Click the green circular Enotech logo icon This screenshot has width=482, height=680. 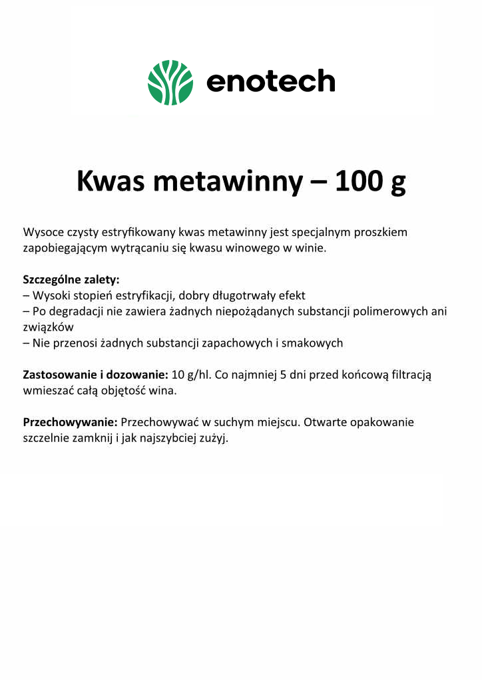point(170,83)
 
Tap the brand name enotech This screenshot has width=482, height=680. point(270,82)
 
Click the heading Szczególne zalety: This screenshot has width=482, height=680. point(71,279)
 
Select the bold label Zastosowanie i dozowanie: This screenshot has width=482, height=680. point(95,375)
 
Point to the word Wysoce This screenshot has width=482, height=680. point(42,233)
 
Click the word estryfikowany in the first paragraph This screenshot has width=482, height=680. point(139,233)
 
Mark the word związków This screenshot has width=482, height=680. point(48,327)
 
